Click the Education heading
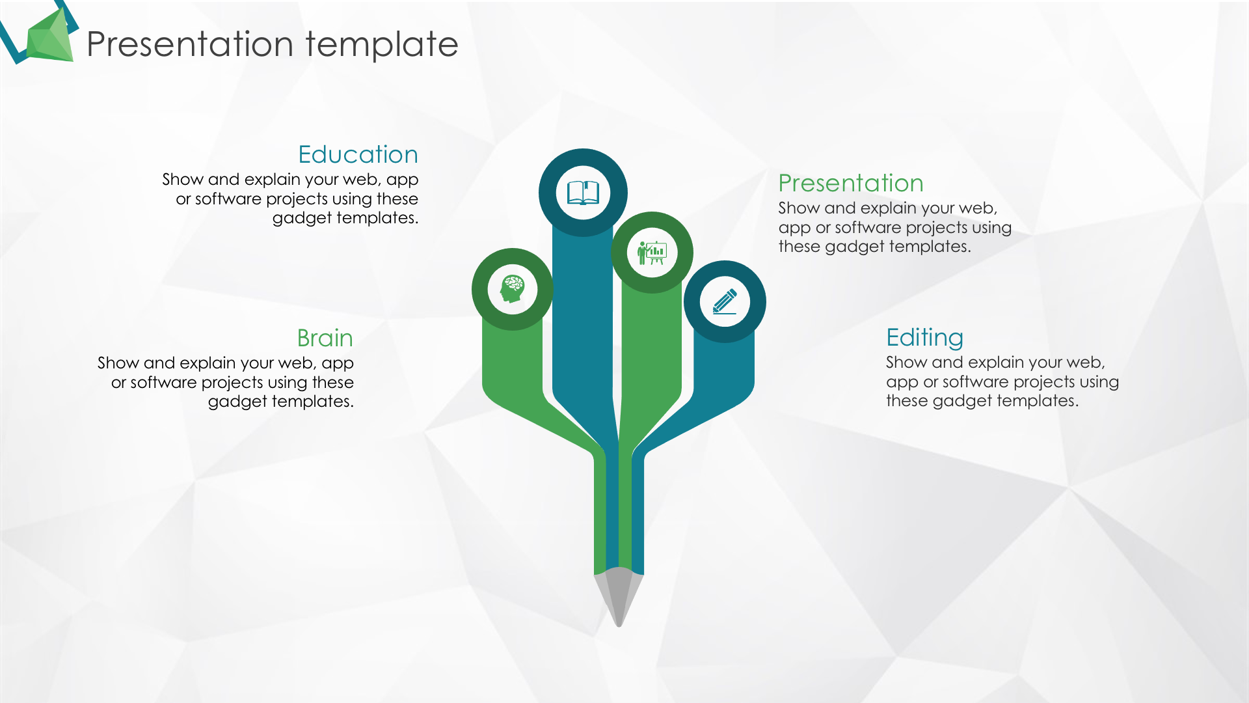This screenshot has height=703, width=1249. point(358,154)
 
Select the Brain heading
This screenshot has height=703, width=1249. point(325,338)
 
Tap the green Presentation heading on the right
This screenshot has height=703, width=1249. point(851,183)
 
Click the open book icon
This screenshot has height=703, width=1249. point(583,193)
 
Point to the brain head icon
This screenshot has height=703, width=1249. point(513,289)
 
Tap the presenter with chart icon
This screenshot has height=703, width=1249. point(652,253)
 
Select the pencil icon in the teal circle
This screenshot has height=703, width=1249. point(725,301)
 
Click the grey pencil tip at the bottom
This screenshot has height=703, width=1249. point(619,596)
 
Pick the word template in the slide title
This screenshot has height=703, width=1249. point(382,44)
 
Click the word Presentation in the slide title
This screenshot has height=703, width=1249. point(190,44)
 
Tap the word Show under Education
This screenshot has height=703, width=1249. point(183,179)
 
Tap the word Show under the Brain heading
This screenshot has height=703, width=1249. point(118,363)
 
